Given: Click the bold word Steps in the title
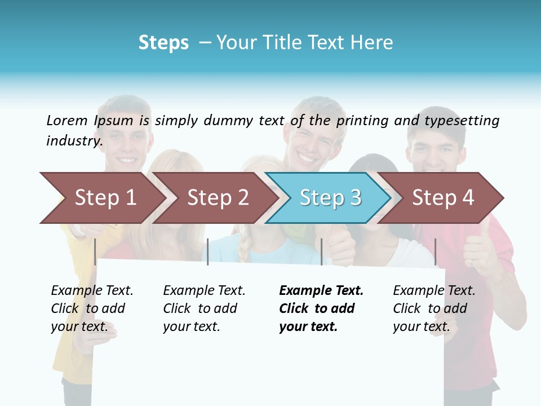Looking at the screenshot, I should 163,43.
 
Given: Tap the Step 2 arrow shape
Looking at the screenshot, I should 218,198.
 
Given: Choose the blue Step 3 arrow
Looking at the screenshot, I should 330,198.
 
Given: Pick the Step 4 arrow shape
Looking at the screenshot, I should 443,198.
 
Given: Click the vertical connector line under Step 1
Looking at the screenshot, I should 95,251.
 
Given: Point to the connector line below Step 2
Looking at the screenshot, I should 208,251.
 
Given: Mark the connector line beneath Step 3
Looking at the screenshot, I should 321,251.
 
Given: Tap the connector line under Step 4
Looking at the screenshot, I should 435,251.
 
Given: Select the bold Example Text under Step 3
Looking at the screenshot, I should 321,308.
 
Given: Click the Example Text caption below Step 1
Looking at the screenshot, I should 92,308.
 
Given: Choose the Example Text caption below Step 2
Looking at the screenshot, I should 204,308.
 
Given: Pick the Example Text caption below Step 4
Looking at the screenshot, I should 434,308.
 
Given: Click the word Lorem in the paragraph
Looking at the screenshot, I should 67,121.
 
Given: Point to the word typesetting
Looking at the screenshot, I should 462,121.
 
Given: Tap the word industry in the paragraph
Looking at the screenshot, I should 74,141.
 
